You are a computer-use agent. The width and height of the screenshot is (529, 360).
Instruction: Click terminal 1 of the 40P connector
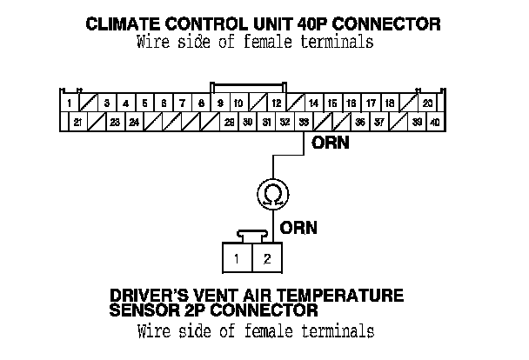pyautogui.click(x=69, y=103)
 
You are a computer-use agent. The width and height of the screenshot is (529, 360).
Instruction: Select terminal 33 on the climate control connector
pyautogui.click(x=304, y=123)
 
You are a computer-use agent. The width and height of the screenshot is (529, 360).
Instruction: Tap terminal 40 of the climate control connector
pyautogui.click(x=435, y=123)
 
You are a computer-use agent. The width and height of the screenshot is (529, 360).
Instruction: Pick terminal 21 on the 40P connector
pyautogui.click(x=77, y=123)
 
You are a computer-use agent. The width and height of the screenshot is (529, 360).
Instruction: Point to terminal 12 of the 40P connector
pyautogui.click(x=275, y=103)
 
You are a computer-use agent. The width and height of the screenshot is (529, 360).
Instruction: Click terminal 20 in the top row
pyautogui.click(x=427, y=103)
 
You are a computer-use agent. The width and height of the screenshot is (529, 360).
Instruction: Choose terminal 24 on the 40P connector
pyautogui.click(x=134, y=123)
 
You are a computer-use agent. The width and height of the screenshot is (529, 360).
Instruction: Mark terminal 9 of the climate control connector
pyautogui.click(x=220, y=103)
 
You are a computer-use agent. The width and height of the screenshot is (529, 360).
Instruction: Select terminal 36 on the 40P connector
pyautogui.click(x=360, y=123)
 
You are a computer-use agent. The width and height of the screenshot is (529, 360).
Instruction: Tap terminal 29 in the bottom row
pyautogui.click(x=229, y=123)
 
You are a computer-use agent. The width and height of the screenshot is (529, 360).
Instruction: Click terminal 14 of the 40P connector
pyautogui.click(x=313, y=103)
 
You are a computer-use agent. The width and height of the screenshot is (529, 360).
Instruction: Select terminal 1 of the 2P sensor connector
pyautogui.click(x=237, y=257)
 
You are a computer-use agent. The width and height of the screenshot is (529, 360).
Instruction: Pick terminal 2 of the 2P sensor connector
pyautogui.click(x=267, y=257)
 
